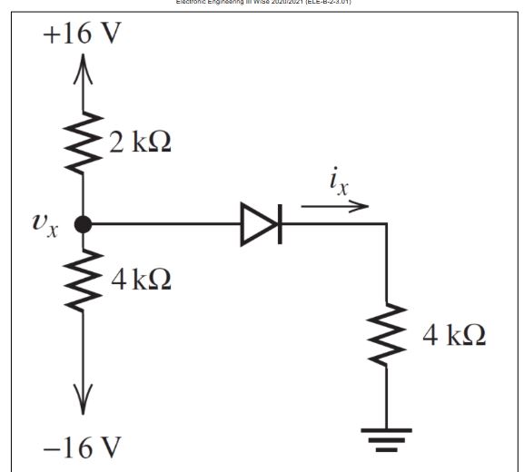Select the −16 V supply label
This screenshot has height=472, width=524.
pyautogui.click(x=82, y=448)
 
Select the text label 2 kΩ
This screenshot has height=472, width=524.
pyautogui.click(x=141, y=142)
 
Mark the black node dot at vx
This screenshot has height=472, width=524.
pyautogui.click(x=84, y=225)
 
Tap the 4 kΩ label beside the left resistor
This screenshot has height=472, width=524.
pyautogui.click(x=141, y=278)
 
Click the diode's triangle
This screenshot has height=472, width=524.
pyautogui.click(x=257, y=225)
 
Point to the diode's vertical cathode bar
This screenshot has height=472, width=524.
pyautogui.click(x=279, y=225)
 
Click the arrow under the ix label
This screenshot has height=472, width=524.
pyautogui.click(x=334, y=206)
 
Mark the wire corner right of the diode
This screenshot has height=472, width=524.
pyautogui.click(x=387, y=225)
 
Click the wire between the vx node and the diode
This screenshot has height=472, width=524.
pyautogui.click(x=163, y=225)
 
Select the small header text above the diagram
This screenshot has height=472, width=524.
pyautogui.click(x=262, y=3)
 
